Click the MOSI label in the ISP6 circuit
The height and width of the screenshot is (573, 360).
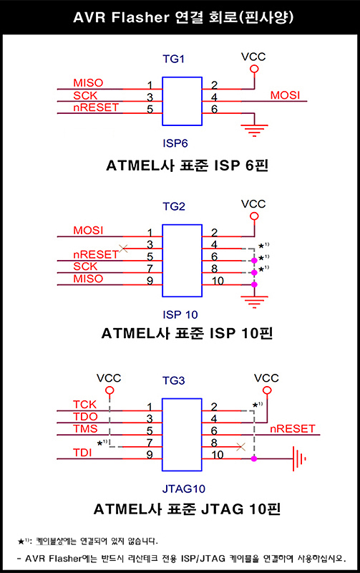pyautogui.click(x=285, y=95)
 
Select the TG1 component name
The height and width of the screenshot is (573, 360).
pyautogui.click(x=173, y=60)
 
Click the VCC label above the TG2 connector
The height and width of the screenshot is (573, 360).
pyautogui.click(x=253, y=204)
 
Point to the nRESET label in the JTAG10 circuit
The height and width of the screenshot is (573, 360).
pyautogui.click(x=292, y=428)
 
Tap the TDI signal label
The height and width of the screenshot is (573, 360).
pyautogui.click(x=83, y=451)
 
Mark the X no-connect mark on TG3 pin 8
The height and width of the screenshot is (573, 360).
pyautogui.click(x=240, y=446)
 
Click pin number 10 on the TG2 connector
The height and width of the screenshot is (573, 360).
pyautogui.click(x=217, y=280)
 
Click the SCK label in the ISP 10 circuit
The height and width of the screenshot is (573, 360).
pyautogui.click(x=86, y=266)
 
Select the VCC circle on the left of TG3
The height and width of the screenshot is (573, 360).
pyautogui.click(x=109, y=390)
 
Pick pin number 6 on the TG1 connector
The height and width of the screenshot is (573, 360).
pyautogui.click(x=214, y=110)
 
